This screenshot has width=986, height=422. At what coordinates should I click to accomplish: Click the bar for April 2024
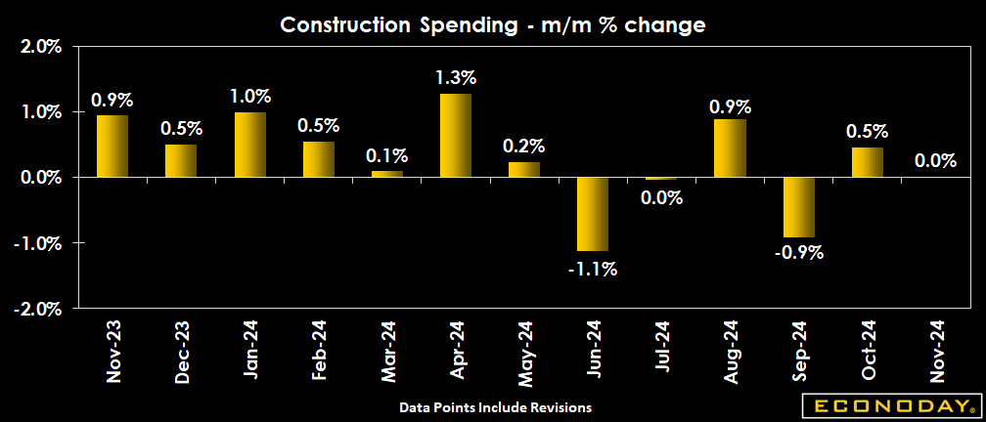456,136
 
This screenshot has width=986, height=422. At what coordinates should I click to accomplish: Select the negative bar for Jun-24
593,214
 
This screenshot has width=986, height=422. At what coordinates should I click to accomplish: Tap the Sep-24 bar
799,207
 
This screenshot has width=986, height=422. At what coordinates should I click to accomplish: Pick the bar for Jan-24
249,145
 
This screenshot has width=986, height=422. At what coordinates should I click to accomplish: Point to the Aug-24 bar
731,148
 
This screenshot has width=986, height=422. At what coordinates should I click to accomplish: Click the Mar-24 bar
387,174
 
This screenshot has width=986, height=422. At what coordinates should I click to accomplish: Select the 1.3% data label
457,76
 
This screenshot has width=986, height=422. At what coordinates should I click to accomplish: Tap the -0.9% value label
799,252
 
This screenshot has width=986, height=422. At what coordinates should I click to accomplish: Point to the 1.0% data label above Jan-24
249,96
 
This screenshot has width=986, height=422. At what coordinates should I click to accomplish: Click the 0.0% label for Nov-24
936,160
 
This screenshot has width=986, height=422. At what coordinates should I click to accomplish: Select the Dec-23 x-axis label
182,353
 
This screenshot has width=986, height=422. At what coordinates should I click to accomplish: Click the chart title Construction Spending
493,24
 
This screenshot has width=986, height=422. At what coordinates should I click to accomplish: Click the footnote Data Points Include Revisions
495,405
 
